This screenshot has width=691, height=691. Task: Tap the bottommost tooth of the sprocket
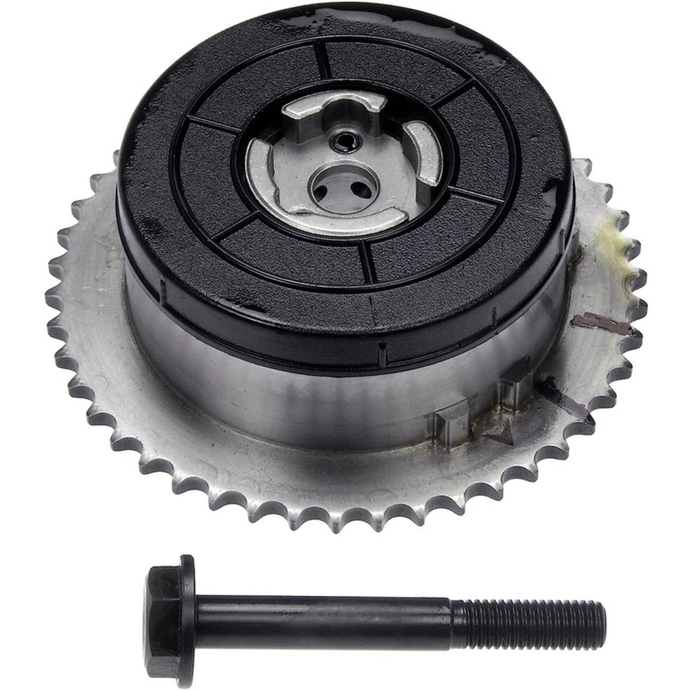click(x=345, y=523)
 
